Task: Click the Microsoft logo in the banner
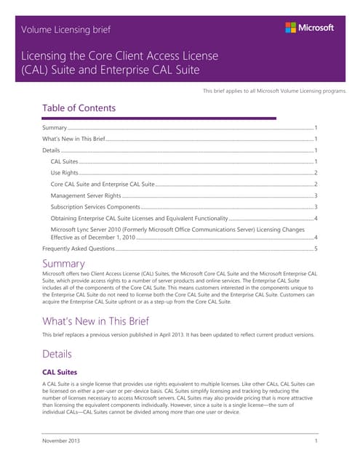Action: [x=309, y=28]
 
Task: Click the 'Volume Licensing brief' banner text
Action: [x=66, y=30]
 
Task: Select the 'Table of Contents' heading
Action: [x=79, y=108]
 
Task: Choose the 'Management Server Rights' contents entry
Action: [x=86, y=196]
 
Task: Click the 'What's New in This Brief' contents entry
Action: [x=74, y=138]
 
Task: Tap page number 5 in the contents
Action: [x=315, y=248]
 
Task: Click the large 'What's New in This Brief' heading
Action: [x=96, y=320]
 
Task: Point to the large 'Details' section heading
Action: [x=57, y=354]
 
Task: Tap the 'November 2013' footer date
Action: [x=62, y=441]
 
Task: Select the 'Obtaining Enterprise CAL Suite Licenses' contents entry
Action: [x=139, y=218]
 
